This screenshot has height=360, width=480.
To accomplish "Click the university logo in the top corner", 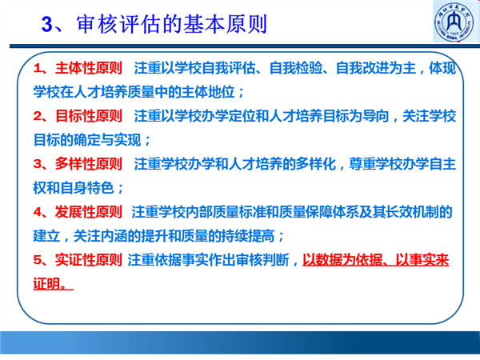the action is click(455, 22).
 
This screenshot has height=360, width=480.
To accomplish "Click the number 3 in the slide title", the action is click(47, 24).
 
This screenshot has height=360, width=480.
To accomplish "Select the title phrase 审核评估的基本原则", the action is click(172, 24).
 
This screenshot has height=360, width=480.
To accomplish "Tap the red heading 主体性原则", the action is click(89, 68).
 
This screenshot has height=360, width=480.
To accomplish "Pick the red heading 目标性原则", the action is click(89, 116).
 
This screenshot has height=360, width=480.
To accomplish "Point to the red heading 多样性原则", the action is click(89, 164).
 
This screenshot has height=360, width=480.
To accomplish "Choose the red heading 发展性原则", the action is click(89, 212).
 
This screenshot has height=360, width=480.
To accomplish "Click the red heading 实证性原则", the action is click(89, 260).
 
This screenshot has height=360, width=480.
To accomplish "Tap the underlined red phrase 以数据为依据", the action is click(342, 260).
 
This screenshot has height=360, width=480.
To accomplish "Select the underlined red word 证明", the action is click(46, 284).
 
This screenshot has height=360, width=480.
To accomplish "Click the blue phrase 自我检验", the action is click(296, 68).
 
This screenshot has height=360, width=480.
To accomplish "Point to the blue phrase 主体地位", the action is click(208, 92).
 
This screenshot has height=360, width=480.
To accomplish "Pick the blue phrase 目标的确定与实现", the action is click(87, 140).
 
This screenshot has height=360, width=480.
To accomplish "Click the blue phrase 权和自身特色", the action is click(74, 188).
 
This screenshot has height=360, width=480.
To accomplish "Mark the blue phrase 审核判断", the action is click(262, 260).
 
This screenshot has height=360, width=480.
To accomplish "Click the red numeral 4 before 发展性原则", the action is click(38, 212).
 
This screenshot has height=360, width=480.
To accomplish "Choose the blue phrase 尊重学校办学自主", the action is click(402, 164).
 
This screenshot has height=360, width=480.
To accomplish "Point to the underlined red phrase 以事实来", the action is click(422, 260).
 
